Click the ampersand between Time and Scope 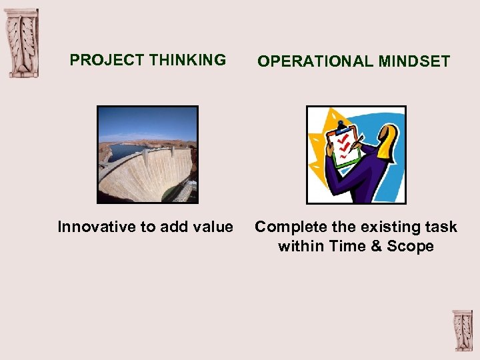376,247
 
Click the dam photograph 147,155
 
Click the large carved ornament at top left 22,43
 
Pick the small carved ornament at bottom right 462,330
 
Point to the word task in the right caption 443,227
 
